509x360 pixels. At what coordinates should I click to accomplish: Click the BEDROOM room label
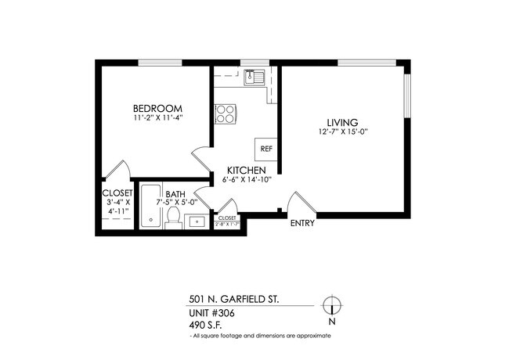(x=157, y=108)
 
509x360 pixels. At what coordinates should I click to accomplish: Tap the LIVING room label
(x=342, y=122)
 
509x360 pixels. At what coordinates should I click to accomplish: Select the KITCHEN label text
(x=247, y=171)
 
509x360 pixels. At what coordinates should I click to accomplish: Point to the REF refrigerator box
(x=266, y=148)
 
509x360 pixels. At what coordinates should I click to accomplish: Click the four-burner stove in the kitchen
(x=226, y=113)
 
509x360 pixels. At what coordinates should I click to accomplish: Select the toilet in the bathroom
(x=175, y=217)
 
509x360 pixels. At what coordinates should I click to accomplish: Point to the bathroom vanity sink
(x=199, y=220)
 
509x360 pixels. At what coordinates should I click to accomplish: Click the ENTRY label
(x=302, y=223)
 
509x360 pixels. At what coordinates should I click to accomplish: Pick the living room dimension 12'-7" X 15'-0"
(x=342, y=133)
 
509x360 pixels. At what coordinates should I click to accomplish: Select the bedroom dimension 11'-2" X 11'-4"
(x=157, y=119)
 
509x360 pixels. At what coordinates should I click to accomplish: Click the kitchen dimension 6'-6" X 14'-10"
(x=247, y=181)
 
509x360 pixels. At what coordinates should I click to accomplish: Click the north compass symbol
(x=332, y=305)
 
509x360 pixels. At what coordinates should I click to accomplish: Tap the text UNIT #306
(x=211, y=313)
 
